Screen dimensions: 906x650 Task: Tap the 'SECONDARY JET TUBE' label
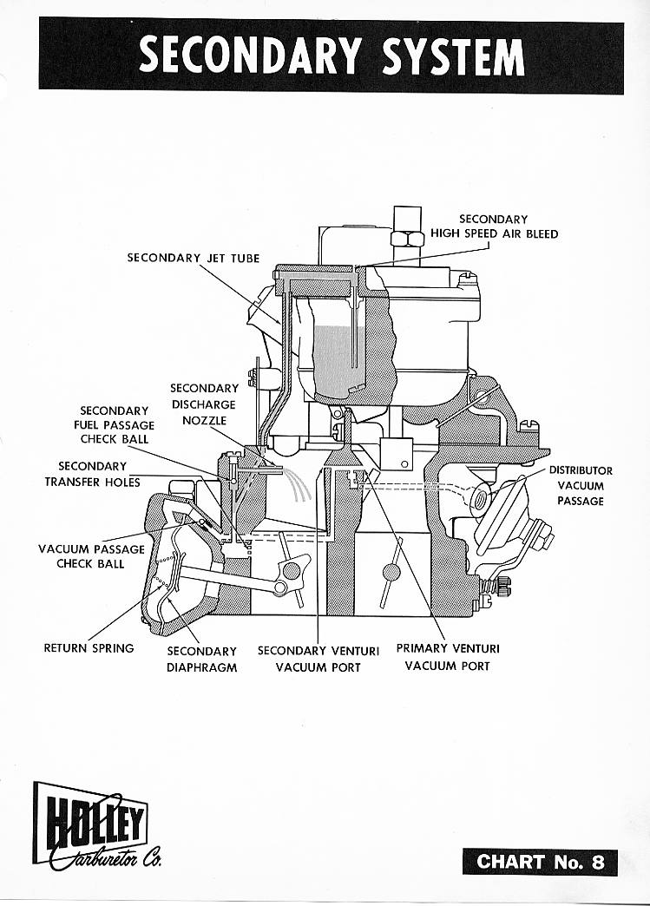coord(193,258)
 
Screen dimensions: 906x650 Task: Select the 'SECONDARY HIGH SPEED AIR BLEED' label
coord(494,226)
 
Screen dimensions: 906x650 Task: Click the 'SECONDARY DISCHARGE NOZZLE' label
coord(204,404)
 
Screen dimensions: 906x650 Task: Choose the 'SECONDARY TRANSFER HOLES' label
coord(92,474)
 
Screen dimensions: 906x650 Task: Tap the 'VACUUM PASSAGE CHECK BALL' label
coord(91,556)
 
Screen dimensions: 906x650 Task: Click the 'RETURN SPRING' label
coord(89,647)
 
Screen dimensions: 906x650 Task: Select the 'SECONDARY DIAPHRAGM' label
coord(201,659)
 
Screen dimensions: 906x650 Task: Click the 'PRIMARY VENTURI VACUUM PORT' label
coord(447,657)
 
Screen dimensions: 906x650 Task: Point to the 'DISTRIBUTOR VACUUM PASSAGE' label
coord(580,486)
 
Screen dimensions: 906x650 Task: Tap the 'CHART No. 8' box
coord(539,862)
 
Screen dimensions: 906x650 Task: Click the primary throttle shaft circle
coord(391,573)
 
